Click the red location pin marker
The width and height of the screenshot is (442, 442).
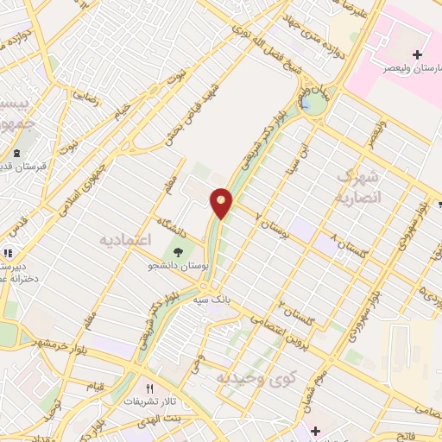point(222,203)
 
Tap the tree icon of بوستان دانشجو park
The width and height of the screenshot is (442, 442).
point(178,252)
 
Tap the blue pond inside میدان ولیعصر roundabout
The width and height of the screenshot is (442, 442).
point(306,105)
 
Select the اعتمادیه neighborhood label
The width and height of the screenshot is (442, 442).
point(120,237)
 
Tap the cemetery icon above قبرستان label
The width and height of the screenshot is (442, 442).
point(17,154)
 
